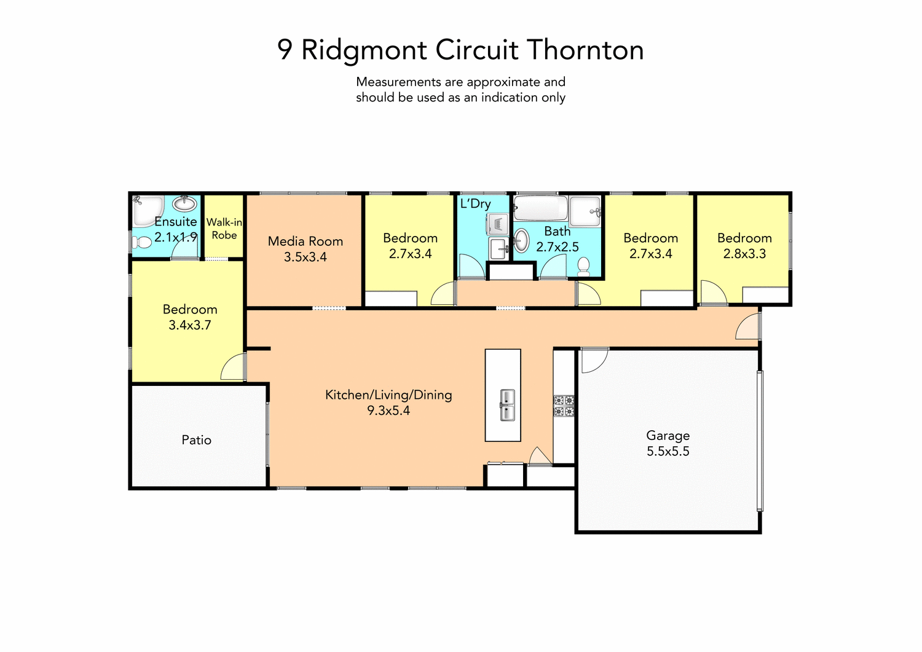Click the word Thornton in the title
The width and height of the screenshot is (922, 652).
coord(585,50)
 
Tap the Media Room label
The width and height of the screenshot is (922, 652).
coord(305,242)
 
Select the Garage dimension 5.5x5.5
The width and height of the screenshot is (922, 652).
coord(668,452)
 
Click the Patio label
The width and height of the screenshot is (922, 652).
coord(196,440)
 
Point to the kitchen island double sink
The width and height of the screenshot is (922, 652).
coord(506,405)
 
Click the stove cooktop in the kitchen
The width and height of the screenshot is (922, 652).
coord(564,406)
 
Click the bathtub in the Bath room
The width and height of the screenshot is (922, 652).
coord(540,208)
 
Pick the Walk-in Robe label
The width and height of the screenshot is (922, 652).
coord(224,229)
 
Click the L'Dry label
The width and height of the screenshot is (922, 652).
coord(475,203)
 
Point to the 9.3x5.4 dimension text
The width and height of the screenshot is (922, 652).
coord(388,411)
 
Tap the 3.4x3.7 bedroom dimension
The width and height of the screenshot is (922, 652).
coord(189,326)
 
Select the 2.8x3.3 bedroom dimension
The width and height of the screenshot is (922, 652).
coord(744,254)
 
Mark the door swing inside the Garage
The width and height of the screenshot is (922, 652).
coord(593,359)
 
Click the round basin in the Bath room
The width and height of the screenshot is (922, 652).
coord(521,240)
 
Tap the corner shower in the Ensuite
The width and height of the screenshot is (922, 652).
coord(148,210)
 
